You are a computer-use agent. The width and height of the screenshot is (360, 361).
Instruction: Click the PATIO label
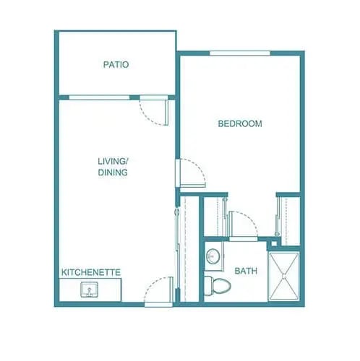[116, 65]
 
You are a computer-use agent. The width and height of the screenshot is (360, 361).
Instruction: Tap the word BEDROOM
[240, 124]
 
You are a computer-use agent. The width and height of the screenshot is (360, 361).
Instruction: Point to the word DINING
[113, 173]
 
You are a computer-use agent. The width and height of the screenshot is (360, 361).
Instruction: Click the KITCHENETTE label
[90, 272]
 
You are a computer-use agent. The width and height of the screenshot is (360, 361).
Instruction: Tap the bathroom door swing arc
[242, 221]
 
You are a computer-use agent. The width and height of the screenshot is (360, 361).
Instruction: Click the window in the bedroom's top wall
[240, 53]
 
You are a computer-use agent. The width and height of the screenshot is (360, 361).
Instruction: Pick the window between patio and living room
[100, 97]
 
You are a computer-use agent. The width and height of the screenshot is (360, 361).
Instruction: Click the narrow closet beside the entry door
[188, 245]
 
